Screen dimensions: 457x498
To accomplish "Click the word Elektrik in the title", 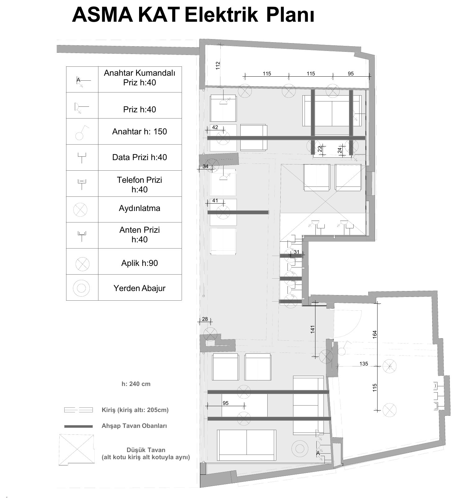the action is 221,15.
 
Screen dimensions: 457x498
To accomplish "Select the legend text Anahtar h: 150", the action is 139,132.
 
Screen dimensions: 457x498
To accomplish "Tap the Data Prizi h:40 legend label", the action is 139,157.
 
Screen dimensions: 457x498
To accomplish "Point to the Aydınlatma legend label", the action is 139,208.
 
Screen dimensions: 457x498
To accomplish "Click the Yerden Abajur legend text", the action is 139,288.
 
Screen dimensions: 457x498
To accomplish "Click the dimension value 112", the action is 218,65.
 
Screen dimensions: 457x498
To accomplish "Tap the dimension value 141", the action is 312,329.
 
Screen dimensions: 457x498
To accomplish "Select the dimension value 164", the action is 375,334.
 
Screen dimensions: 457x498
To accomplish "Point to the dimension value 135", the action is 364,364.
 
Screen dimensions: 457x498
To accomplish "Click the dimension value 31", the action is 296,252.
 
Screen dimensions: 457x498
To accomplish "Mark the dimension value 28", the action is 205,319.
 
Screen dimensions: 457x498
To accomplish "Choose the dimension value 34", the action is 206,166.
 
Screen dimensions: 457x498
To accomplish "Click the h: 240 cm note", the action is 136,384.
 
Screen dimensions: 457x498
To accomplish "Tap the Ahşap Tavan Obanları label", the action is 134,426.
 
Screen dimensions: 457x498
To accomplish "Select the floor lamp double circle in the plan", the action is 300,449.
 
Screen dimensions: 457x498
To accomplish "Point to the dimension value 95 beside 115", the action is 351,74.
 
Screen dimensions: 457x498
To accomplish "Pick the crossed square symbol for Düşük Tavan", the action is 76,450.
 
